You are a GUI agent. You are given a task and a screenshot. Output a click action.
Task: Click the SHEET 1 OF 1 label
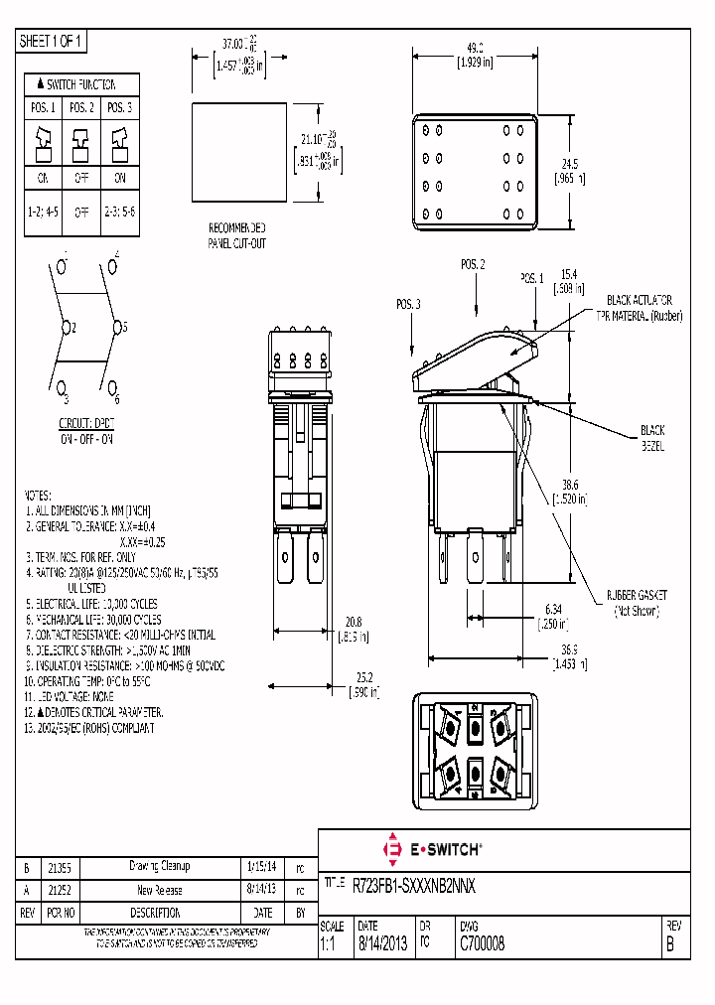pos(53,42)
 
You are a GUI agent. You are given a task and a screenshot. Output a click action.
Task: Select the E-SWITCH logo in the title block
pos(432,850)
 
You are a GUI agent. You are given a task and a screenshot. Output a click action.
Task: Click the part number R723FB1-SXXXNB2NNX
pos(414,884)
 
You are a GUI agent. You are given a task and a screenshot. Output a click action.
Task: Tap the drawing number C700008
pos(482,945)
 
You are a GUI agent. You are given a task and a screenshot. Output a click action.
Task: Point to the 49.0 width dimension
pos(475,48)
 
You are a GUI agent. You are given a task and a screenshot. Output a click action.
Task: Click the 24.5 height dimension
pos(569,164)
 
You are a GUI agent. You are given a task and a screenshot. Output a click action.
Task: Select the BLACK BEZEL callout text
pos(652,438)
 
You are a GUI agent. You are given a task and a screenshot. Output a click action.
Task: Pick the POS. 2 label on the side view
pos(473,265)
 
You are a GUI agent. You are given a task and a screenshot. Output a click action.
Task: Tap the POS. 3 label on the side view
pos(408,303)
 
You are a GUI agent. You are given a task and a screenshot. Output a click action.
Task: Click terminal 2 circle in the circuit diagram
pos(67,326)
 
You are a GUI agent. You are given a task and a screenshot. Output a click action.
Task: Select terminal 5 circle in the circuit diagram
pos(116,326)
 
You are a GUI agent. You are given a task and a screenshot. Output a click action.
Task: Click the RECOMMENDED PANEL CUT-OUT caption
pos(236,234)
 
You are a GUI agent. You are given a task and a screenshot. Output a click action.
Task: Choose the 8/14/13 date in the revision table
pos(261,890)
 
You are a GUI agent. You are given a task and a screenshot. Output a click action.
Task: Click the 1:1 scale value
pos(328,945)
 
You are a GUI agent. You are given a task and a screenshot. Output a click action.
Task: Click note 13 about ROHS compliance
pos(89,728)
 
